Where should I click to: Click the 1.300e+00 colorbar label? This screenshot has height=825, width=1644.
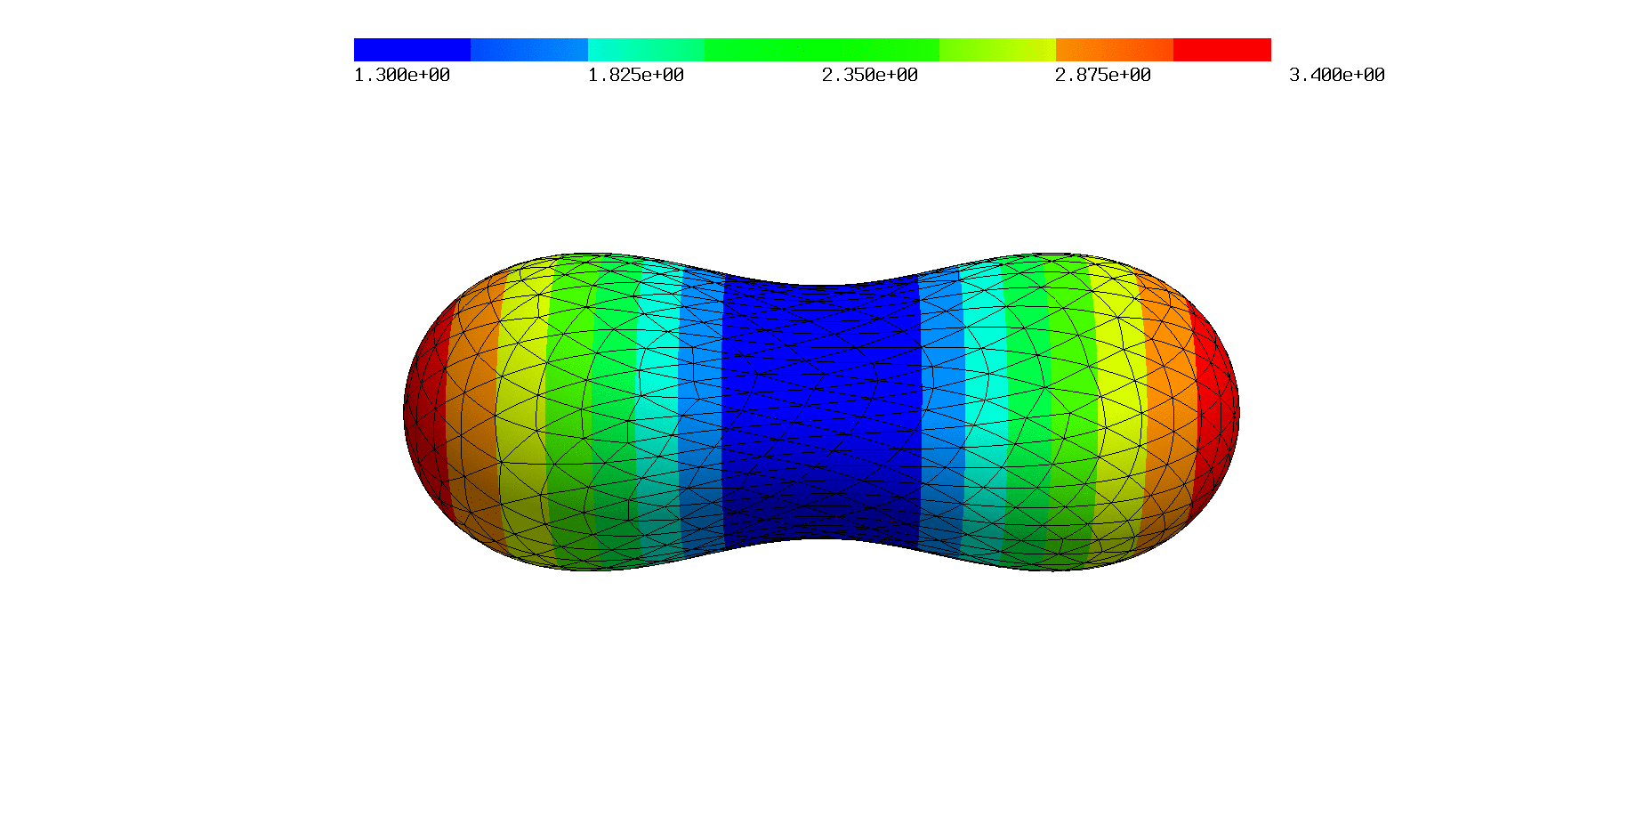[402, 76]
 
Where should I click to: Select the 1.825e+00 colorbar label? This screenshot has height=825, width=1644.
[636, 76]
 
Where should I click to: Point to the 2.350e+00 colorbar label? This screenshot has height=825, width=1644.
[870, 76]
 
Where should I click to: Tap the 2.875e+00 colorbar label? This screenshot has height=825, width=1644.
[1103, 76]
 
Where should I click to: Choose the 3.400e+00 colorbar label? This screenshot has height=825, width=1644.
[1337, 76]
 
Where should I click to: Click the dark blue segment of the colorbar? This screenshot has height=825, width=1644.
[412, 50]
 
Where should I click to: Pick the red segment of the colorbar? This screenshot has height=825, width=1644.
[1222, 50]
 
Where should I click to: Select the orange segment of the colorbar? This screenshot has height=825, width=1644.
[1115, 50]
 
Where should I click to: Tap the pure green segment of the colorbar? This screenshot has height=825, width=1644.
[821, 50]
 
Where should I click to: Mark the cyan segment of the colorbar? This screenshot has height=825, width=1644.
[646, 50]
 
